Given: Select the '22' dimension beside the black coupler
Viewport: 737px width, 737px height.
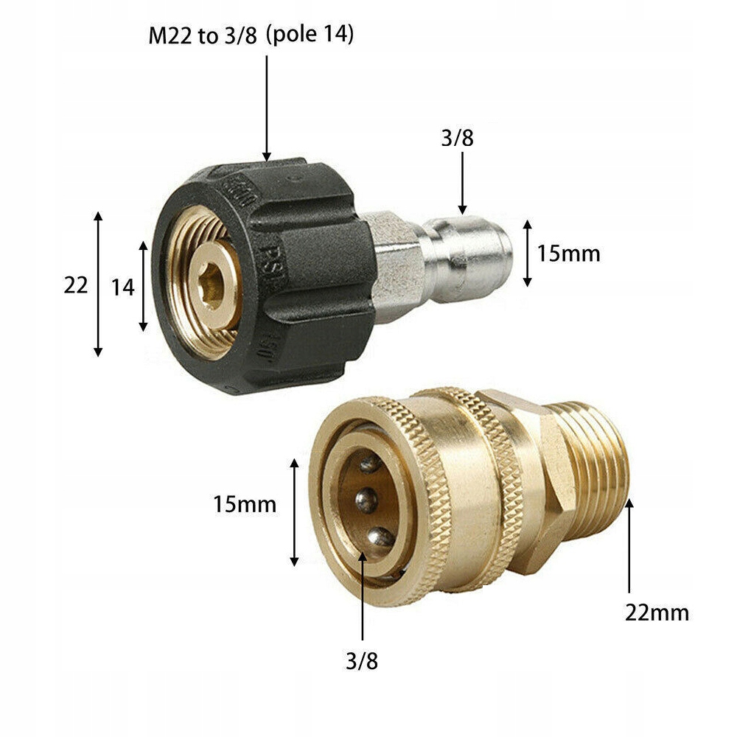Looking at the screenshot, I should [75, 285].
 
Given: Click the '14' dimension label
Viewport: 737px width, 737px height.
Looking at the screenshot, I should [122, 287].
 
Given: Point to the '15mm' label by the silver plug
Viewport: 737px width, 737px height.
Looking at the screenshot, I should [568, 254].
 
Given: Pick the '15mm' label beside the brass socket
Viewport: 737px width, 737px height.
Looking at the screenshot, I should [245, 505].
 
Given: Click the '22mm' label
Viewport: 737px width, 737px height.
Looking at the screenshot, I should [657, 612].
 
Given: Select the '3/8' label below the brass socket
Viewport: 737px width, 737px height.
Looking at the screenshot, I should [361, 661].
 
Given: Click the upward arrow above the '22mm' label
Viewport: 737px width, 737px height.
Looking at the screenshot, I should [629, 545].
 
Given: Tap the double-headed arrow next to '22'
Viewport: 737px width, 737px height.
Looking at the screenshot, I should [98, 284].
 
